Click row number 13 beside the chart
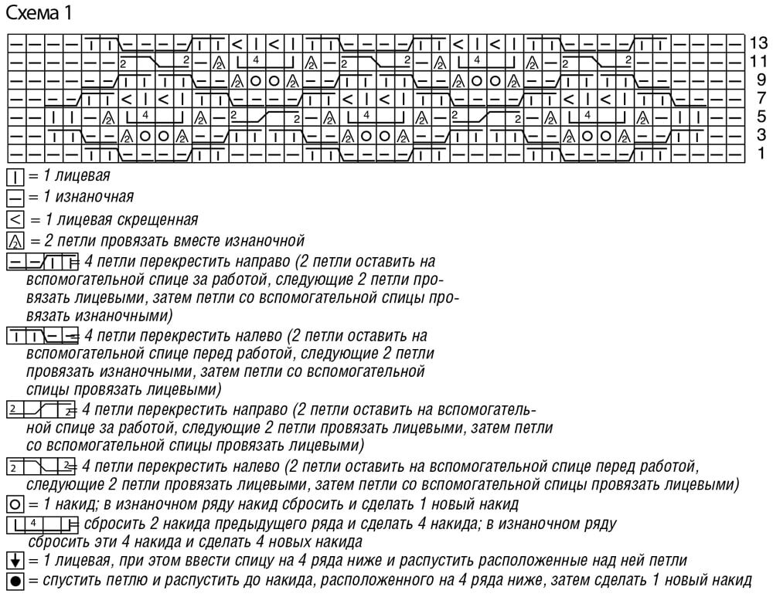pyautogui.click(x=758, y=42)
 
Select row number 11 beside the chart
pyautogui.click(x=758, y=60)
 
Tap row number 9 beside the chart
pyautogui.click(x=761, y=79)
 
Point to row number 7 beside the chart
pyautogui.click(x=761, y=97)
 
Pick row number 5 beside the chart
pyautogui.click(x=761, y=116)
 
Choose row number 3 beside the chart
pyautogui.click(x=761, y=134)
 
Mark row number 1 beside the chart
pyautogui.click(x=761, y=153)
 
